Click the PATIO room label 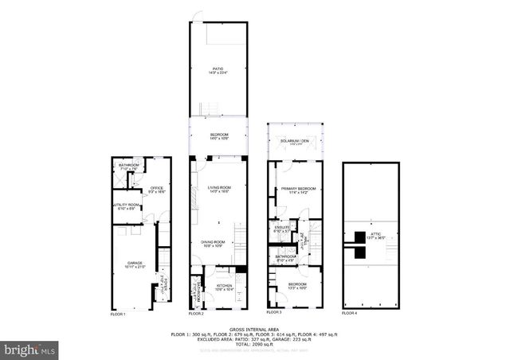218,70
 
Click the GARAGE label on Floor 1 135,264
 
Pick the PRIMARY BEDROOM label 299,189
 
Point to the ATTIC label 375,234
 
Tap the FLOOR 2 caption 197,314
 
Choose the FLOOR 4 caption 350,314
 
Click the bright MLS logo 30,349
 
